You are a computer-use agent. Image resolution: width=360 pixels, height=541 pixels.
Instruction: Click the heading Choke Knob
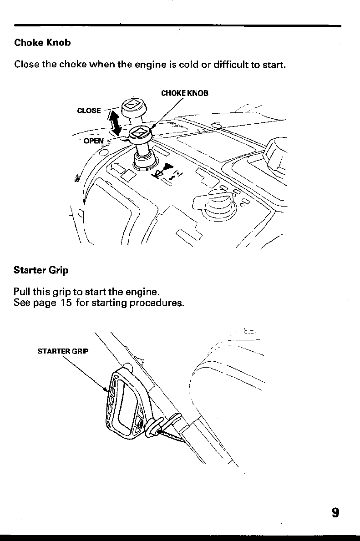tap(42, 43)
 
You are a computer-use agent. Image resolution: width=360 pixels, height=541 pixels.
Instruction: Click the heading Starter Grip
tap(41, 270)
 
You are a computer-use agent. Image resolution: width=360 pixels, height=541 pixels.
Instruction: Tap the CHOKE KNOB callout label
tap(185, 94)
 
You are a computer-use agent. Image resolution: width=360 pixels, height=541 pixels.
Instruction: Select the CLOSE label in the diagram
tap(89, 111)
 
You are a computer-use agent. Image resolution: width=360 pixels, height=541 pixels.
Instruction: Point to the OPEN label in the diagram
tap(94, 141)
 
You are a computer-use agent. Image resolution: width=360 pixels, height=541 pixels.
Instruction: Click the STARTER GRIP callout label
tap(63, 351)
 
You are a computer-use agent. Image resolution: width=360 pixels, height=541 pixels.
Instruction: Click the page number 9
tap(335, 513)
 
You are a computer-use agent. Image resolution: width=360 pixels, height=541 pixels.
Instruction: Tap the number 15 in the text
tap(66, 303)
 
